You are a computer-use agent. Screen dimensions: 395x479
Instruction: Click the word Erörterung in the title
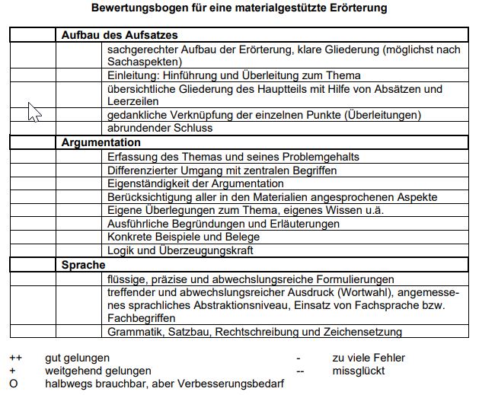[356, 9]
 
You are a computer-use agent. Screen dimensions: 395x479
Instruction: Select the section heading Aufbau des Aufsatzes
[120, 35]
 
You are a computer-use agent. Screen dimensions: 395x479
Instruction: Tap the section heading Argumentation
[101, 142]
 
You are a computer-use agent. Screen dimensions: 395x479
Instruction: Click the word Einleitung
[132, 75]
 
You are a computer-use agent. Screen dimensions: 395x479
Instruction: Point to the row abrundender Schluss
[160, 128]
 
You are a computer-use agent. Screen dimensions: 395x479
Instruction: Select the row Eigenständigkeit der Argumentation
[196, 183]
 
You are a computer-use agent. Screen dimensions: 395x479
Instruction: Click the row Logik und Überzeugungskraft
[180, 250]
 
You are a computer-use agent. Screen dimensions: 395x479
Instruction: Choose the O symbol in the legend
[13, 384]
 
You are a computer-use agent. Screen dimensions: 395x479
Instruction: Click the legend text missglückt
[358, 371]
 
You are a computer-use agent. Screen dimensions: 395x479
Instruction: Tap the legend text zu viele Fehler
[369, 357]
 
